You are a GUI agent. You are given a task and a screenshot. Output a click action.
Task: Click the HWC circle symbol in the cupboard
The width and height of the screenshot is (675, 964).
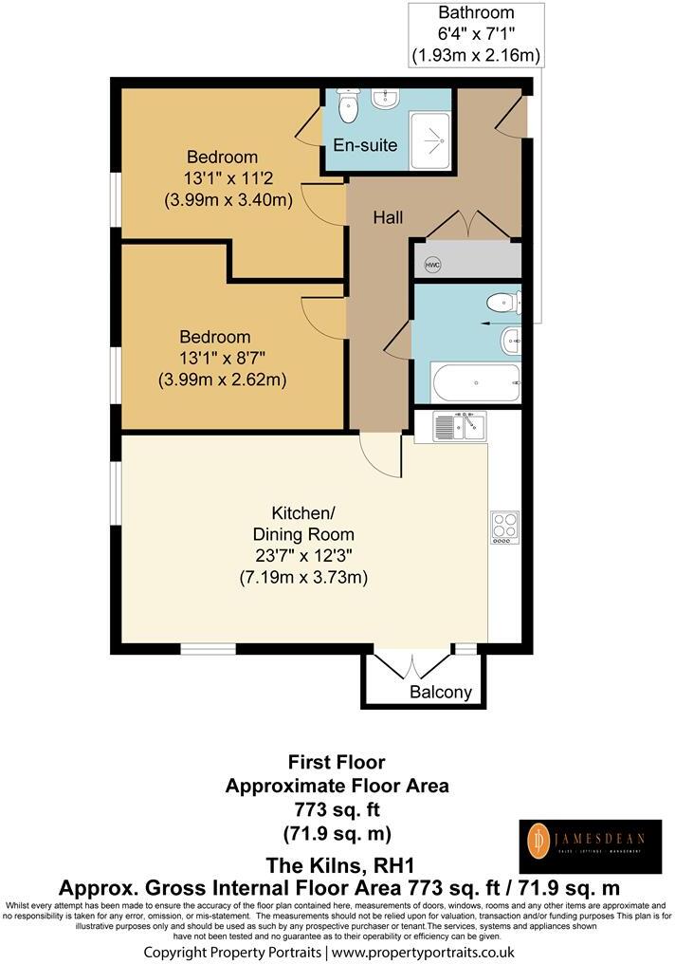click(432, 265)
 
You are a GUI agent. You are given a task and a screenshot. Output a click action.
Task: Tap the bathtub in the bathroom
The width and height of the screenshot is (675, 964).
click(475, 384)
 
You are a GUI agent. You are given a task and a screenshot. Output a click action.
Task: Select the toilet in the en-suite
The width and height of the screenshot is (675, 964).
click(347, 106)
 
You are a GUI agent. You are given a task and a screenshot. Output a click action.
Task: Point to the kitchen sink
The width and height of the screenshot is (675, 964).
click(459, 427)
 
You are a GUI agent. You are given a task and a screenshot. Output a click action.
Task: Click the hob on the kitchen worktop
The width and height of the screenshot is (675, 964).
click(504, 528)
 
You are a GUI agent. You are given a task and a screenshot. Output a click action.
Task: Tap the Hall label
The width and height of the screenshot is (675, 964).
click(387, 218)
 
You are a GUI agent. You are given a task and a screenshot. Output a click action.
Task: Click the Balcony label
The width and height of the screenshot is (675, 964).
click(440, 692)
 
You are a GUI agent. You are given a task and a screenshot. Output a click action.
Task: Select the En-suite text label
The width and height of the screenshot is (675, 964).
click(366, 145)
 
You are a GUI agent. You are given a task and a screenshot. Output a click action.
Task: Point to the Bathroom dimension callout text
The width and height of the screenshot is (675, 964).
click(476, 35)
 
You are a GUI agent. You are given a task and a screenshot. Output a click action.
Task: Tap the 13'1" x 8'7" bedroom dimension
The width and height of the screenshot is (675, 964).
click(223, 359)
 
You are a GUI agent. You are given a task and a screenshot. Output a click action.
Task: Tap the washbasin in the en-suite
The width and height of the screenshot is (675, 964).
click(386, 98)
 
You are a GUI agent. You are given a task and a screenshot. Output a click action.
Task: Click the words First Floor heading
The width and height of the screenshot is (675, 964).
click(337, 762)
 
